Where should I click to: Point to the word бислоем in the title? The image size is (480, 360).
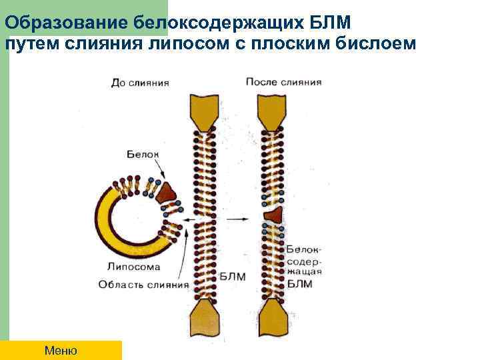coord(381,43)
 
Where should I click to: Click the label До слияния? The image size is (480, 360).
coord(140,83)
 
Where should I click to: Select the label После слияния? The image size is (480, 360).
coord(284,82)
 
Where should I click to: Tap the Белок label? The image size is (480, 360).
coord(143,154)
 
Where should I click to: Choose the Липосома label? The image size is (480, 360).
coord(134,267)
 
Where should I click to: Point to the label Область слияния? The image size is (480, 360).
coord(143,285)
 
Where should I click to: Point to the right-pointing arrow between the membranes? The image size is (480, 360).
coord(236,219)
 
